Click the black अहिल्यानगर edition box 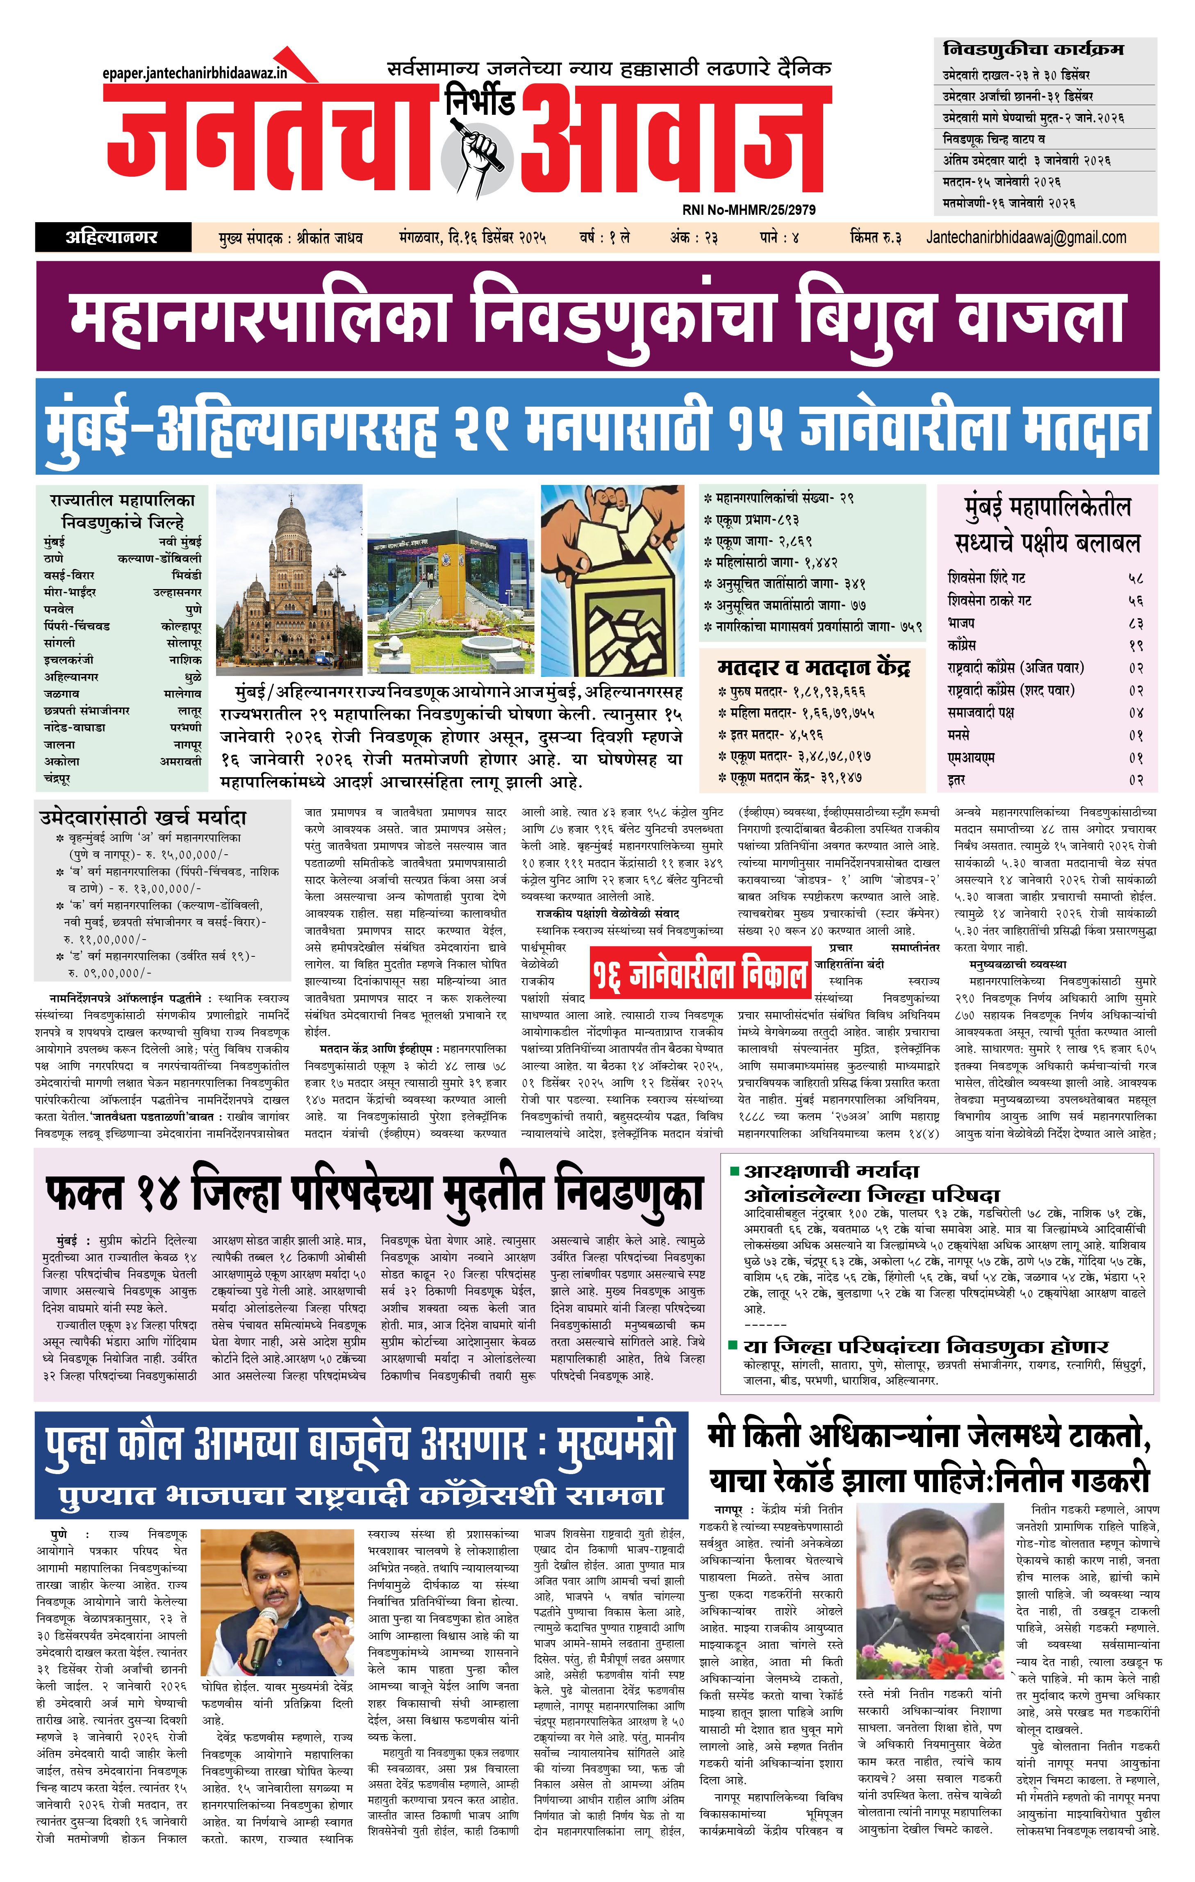pos(113,237)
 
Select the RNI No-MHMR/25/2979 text pos(749,209)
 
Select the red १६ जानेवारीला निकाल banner pos(699,974)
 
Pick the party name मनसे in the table pos(959,735)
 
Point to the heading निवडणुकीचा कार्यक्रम pos(1033,49)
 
